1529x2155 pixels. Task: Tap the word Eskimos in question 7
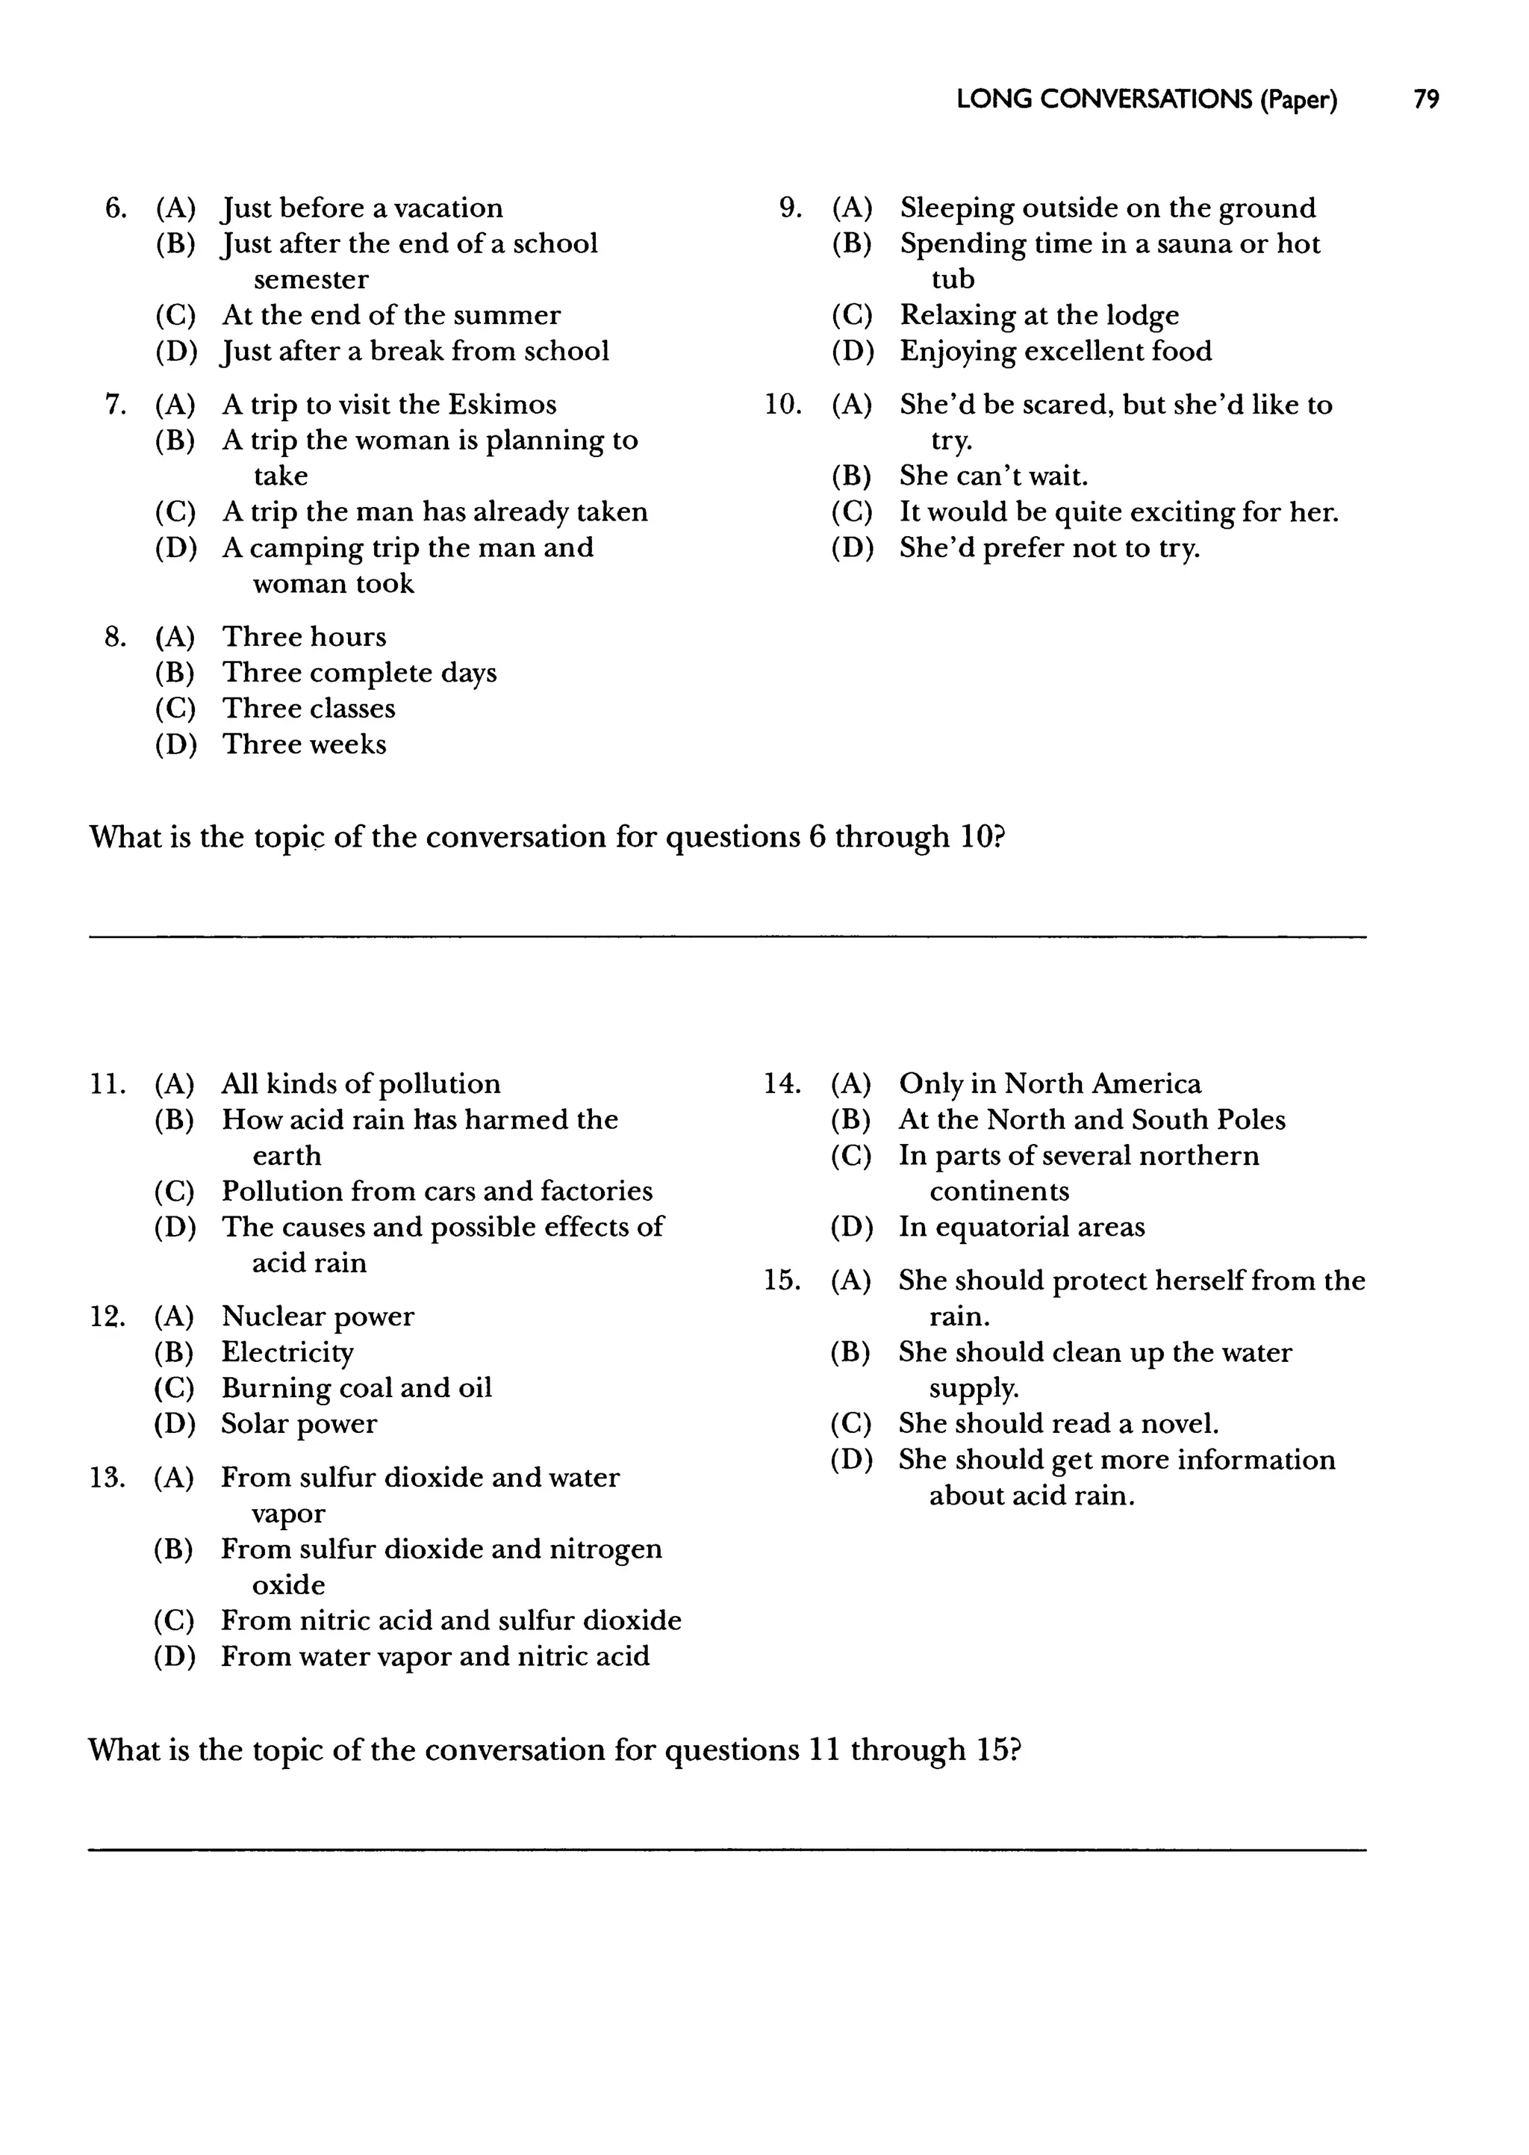pyautogui.click(x=502, y=404)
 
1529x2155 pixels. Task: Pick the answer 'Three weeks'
pyautogui.click(x=304, y=744)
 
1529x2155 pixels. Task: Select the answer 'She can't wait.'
pyautogui.click(x=993, y=476)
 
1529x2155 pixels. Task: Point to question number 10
pyautogui.click(x=782, y=404)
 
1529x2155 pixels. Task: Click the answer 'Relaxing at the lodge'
pyautogui.click(x=1038, y=314)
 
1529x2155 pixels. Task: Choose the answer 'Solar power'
pyautogui.click(x=299, y=1422)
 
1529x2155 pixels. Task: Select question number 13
pyautogui.click(x=108, y=1476)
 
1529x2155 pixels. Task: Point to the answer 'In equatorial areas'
pyautogui.click(x=1021, y=1227)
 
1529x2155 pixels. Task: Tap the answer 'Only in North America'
pyautogui.click(x=1050, y=1083)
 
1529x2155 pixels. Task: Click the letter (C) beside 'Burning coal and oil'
pyautogui.click(x=174, y=1387)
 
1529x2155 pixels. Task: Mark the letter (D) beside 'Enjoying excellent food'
pyautogui.click(x=852, y=350)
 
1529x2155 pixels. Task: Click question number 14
pyautogui.click(x=782, y=1083)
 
